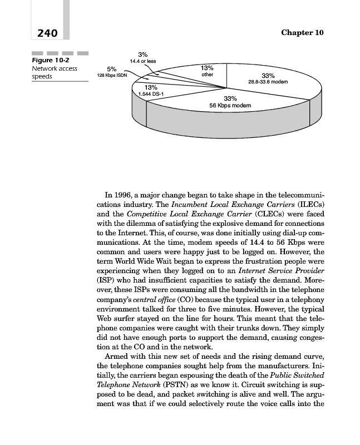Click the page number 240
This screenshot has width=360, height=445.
pos(47,33)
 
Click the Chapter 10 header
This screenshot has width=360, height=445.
pos(302,33)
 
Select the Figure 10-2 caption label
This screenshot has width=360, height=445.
pos(51,60)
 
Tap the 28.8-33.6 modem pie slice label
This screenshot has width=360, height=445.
pos(268,82)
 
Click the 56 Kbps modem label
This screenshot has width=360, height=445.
pos(230,105)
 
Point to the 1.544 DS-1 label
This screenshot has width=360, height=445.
pos(151,94)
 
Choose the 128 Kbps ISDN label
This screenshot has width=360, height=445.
pos(112,75)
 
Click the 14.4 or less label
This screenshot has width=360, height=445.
pos(143,61)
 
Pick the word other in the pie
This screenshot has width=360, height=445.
pos(207,75)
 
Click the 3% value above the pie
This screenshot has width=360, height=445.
pos(143,55)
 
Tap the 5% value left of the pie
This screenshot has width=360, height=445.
pos(112,69)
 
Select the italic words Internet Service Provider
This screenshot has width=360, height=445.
pos(281,271)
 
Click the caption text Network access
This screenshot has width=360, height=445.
pos(55,68)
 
